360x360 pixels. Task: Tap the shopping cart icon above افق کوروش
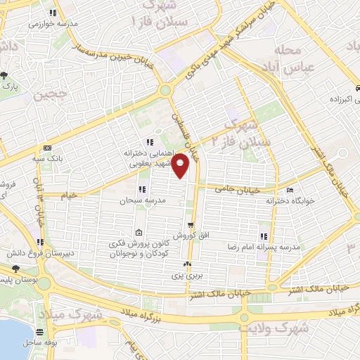tap(189, 225)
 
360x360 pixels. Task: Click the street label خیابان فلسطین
tap(186, 134)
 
